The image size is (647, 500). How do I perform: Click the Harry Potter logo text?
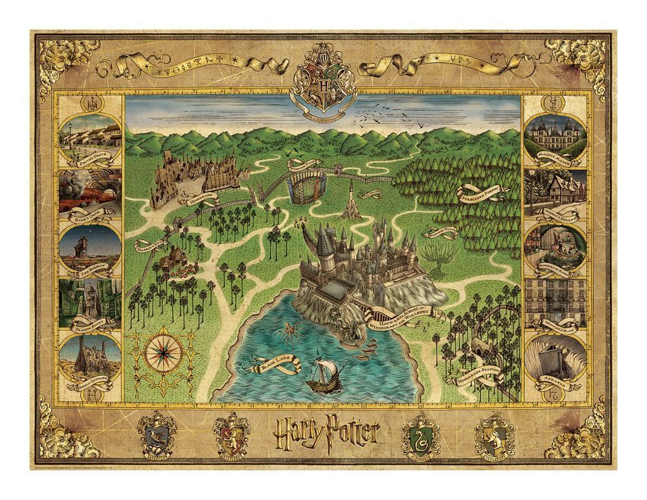[323, 433]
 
